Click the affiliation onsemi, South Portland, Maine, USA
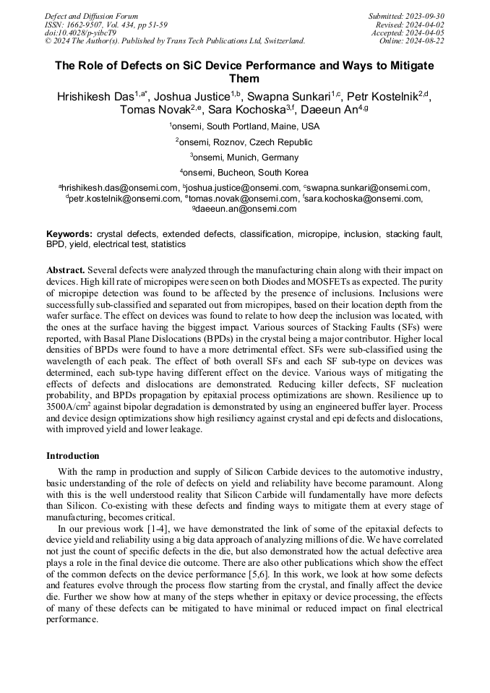244,126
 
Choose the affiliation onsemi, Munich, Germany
244,157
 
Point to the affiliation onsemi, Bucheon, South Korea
244,173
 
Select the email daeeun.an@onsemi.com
245,209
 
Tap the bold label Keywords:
69,235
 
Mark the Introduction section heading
73,456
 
